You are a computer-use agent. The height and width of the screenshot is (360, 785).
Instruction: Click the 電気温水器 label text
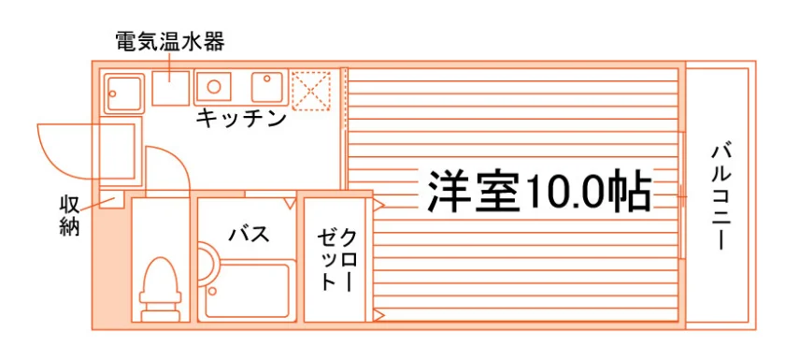click(170, 42)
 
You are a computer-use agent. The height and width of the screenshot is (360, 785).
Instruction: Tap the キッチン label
click(241, 119)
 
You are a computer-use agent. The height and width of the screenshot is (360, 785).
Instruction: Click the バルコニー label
click(721, 195)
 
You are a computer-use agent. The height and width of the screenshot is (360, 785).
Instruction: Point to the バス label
click(249, 234)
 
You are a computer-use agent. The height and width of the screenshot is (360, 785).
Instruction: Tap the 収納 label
click(69, 215)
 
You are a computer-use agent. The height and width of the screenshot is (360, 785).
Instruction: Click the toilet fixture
click(160, 288)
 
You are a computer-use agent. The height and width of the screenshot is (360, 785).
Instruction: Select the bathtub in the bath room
click(248, 291)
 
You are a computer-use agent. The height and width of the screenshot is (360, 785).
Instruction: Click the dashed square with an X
click(311, 91)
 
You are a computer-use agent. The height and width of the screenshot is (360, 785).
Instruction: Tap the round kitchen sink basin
click(214, 87)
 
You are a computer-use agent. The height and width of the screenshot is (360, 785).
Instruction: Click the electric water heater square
click(171, 88)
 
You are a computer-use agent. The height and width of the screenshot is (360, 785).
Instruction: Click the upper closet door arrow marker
click(378, 205)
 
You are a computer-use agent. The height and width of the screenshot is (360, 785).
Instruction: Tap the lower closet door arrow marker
click(378, 315)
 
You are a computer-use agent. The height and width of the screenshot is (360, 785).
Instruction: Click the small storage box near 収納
click(111, 199)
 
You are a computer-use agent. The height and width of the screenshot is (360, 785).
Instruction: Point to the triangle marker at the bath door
click(290, 203)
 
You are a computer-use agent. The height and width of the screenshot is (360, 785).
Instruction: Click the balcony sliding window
click(682, 195)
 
